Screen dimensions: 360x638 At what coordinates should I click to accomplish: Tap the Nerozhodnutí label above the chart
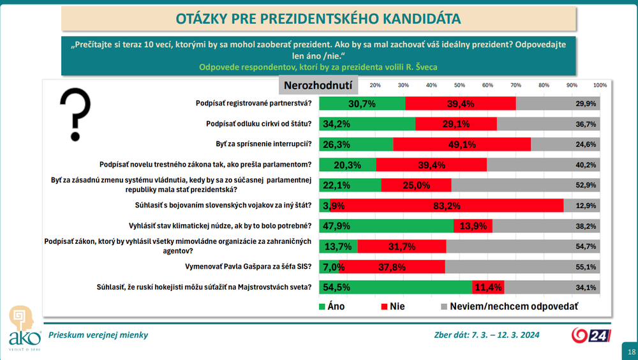point(318,86)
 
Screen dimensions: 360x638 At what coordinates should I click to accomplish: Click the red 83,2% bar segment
point(447,205)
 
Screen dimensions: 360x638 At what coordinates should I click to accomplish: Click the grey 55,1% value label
point(586,267)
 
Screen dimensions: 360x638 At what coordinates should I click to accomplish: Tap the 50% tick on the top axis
point(459,85)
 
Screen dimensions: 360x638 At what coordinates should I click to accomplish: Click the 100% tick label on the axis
point(600,85)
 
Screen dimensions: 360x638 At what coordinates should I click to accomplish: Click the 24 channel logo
point(590,335)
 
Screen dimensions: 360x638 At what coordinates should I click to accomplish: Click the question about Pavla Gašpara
point(252,267)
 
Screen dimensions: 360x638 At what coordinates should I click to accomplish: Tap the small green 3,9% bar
point(324,205)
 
